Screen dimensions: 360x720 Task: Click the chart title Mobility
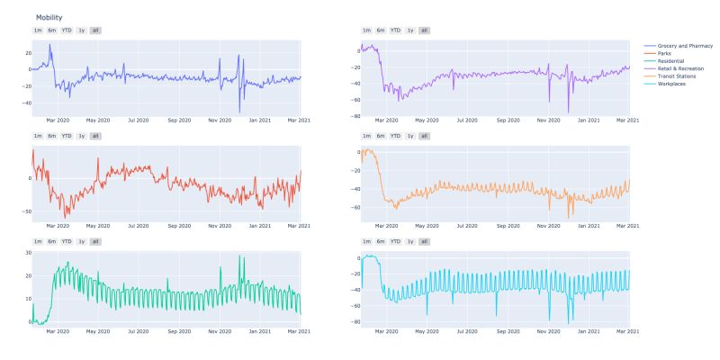49,18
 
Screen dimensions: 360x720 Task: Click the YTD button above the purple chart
395,30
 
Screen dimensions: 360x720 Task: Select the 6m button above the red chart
51,136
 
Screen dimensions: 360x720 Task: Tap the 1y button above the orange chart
410,136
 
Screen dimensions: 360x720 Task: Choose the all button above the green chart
95,241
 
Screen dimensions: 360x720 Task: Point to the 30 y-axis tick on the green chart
27,253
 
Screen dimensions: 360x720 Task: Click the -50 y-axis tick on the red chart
25,211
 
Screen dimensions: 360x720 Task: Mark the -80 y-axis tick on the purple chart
355,117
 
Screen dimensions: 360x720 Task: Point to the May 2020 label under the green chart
97,331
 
